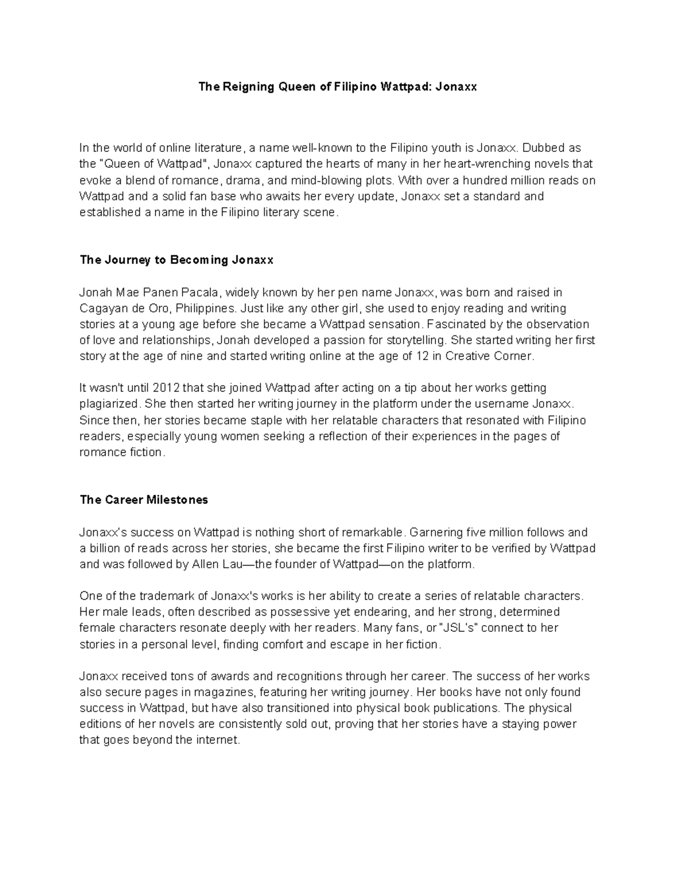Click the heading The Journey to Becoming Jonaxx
click(x=176, y=260)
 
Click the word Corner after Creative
click(x=512, y=357)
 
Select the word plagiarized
click(x=109, y=405)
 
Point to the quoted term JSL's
click(x=459, y=628)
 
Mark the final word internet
click(x=217, y=741)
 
